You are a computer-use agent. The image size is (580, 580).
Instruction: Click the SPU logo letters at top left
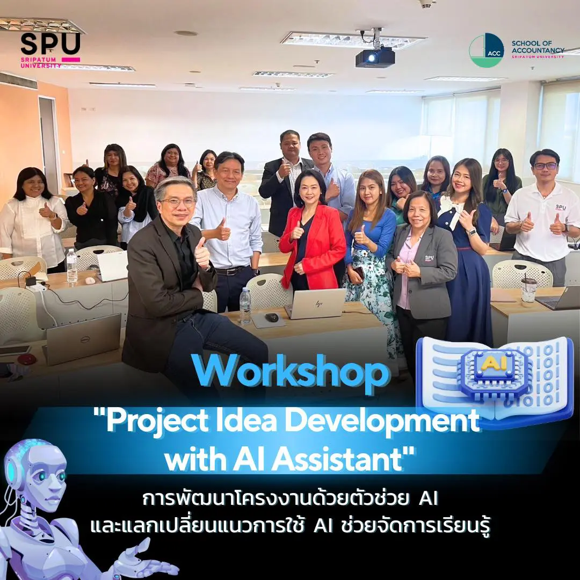pyautogui.click(x=50, y=44)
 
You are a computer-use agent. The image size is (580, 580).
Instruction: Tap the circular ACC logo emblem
pyautogui.click(x=487, y=50)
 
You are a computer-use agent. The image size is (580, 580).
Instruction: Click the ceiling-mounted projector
pyautogui.click(x=375, y=57)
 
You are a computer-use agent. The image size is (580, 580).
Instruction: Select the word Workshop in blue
pyautogui.click(x=291, y=372)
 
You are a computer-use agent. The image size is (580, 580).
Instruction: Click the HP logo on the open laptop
pyautogui.click(x=318, y=304)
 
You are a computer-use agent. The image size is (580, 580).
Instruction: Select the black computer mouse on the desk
pyautogui.click(x=272, y=317)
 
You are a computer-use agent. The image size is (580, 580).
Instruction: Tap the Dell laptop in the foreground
pyautogui.click(x=83, y=338)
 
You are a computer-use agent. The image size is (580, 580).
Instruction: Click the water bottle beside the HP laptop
pyautogui.click(x=245, y=306)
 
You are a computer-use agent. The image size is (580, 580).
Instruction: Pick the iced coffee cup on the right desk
pyautogui.click(x=528, y=291)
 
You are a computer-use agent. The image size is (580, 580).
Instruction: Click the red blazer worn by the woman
pyautogui.click(x=312, y=245)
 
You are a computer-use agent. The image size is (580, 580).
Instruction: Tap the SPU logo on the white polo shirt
pyautogui.click(x=561, y=207)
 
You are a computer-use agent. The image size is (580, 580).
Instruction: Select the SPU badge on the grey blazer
pyautogui.click(x=429, y=258)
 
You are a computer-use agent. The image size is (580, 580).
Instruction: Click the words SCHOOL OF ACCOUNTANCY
pyautogui.click(x=538, y=47)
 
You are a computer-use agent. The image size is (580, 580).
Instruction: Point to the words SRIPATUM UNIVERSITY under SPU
pyautogui.click(x=41, y=62)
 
